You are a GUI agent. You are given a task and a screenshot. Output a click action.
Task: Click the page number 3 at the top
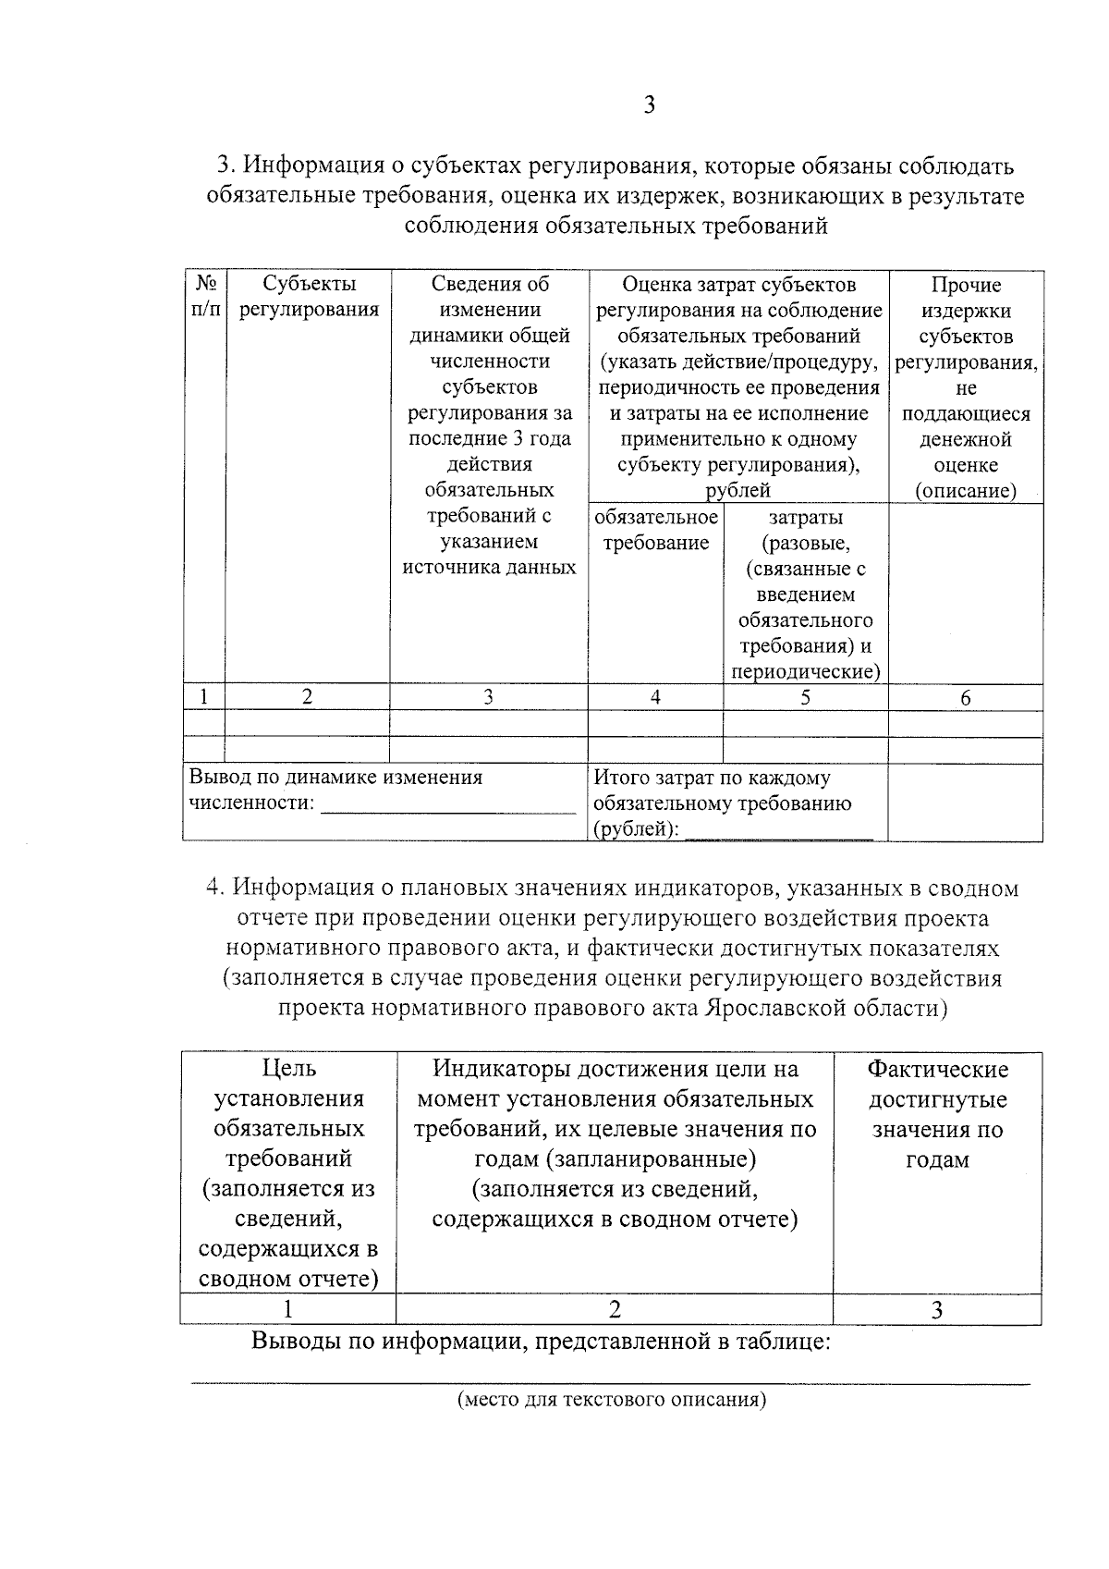(649, 105)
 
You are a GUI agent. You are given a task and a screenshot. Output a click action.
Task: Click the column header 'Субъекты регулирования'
(309, 297)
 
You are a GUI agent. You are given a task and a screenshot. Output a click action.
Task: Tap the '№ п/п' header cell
(206, 297)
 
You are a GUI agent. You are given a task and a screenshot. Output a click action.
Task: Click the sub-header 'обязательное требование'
(656, 530)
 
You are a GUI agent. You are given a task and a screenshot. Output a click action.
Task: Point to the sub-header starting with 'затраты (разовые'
(805, 595)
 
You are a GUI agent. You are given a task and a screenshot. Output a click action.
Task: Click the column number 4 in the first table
(655, 697)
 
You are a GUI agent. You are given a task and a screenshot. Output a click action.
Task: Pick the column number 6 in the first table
(966, 698)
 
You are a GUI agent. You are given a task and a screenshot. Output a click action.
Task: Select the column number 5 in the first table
(805, 697)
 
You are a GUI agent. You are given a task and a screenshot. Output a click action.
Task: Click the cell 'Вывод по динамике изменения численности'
(336, 790)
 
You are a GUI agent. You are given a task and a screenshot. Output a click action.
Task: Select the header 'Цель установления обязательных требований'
(288, 1172)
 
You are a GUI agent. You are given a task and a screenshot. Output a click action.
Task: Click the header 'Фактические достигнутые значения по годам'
(937, 1114)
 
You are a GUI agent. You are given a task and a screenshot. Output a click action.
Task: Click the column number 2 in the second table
(615, 1308)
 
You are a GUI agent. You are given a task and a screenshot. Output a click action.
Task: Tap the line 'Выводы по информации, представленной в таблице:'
(542, 1341)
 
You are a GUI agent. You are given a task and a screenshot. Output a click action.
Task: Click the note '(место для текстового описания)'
(612, 1399)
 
